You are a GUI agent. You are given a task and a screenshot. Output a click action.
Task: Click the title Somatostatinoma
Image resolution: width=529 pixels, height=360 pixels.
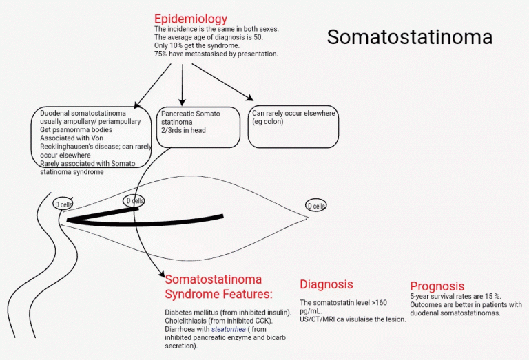click(x=409, y=37)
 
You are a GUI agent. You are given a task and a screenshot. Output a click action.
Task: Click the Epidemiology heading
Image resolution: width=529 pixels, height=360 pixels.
click(x=190, y=19)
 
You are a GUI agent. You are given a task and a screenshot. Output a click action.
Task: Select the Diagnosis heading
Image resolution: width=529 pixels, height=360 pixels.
click(x=326, y=284)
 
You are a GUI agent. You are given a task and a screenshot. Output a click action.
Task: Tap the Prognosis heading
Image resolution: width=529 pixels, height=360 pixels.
click(x=437, y=286)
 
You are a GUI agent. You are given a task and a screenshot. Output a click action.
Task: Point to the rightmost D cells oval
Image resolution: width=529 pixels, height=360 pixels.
click(x=316, y=206)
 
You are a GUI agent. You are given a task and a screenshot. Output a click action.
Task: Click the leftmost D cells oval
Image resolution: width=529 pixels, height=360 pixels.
click(x=63, y=204)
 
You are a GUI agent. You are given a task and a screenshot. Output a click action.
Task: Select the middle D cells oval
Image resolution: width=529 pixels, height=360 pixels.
click(x=134, y=201)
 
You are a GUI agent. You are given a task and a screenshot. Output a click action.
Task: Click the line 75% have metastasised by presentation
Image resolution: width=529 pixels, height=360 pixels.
click(x=216, y=54)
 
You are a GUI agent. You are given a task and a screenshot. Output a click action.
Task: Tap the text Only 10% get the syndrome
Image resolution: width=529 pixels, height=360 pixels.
click(x=191, y=45)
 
